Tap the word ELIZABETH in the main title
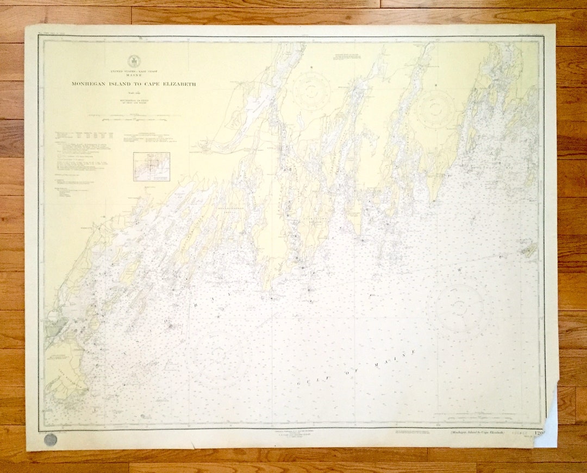[x=174, y=84]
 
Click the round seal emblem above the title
[x=133, y=61]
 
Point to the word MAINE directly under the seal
[x=133, y=76]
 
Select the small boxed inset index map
[x=152, y=166]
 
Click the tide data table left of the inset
[x=85, y=135]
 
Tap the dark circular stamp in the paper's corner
[x=51, y=439]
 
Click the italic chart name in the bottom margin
[x=477, y=432]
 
